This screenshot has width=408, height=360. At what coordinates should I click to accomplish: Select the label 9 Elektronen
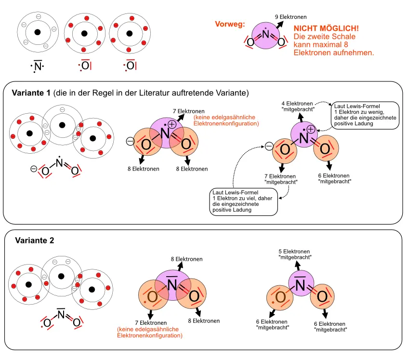(290, 17)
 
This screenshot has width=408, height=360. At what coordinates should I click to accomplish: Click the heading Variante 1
(31, 93)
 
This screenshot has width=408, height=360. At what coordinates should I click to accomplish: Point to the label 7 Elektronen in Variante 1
(191, 111)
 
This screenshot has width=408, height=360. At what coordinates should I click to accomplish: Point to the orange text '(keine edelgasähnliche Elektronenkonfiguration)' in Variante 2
(149, 333)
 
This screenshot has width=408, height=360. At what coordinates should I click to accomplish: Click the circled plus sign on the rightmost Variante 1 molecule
(311, 129)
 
